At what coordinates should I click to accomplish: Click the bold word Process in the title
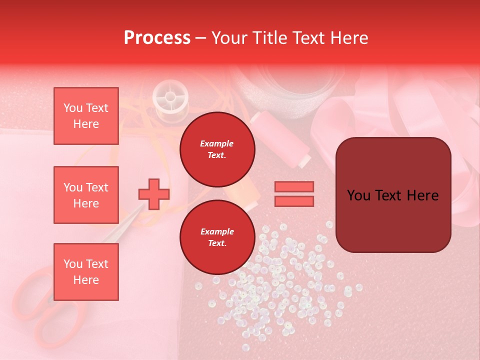click(157, 38)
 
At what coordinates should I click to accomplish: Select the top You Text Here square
click(86, 116)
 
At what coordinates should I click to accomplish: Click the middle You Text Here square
click(86, 195)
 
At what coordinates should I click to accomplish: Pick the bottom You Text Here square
click(86, 272)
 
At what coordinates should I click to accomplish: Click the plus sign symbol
click(154, 194)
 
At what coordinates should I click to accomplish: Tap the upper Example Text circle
click(217, 149)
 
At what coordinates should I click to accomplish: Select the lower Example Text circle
click(217, 237)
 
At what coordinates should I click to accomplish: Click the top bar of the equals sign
click(294, 187)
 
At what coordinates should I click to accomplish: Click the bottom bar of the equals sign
click(294, 201)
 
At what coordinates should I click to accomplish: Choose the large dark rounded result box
click(393, 195)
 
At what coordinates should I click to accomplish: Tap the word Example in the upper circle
click(217, 143)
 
